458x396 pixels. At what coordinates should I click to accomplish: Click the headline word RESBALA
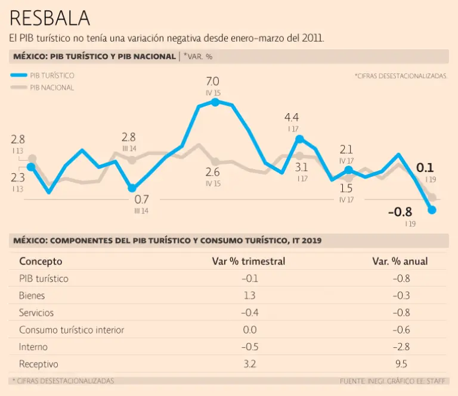pyautogui.click(x=50, y=18)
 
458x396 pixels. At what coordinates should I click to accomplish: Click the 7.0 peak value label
pyautogui.click(x=212, y=81)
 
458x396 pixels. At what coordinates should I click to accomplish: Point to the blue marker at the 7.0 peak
pyautogui.click(x=215, y=102)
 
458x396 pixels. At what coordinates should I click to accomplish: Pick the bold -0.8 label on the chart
pyautogui.click(x=400, y=212)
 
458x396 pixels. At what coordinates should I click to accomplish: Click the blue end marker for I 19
pyautogui.click(x=432, y=210)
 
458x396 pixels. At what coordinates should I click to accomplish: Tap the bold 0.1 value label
pyautogui.click(x=425, y=167)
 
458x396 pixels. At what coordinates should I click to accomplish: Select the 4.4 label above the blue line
pyautogui.click(x=292, y=117)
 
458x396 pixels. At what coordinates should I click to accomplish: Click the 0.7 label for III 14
pyautogui.click(x=141, y=199)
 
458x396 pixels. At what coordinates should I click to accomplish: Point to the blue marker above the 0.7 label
pyautogui.click(x=132, y=188)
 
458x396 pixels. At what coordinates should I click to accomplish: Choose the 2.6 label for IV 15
pyautogui.click(x=213, y=173)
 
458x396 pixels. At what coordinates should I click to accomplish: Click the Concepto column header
pyautogui.click(x=41, y=261)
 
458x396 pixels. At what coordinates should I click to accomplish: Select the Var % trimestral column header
pyautogui.click(x=249, y=261)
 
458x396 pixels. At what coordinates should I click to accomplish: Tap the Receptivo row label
pyautogui.click(x=39, y=364)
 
